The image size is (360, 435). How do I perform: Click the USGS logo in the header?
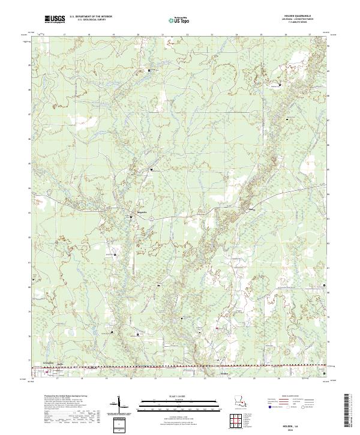tap(55, 19)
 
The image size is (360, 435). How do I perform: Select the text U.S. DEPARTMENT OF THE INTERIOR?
tap(91, 17)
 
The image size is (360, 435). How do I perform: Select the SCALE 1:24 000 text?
tap(179, 397)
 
